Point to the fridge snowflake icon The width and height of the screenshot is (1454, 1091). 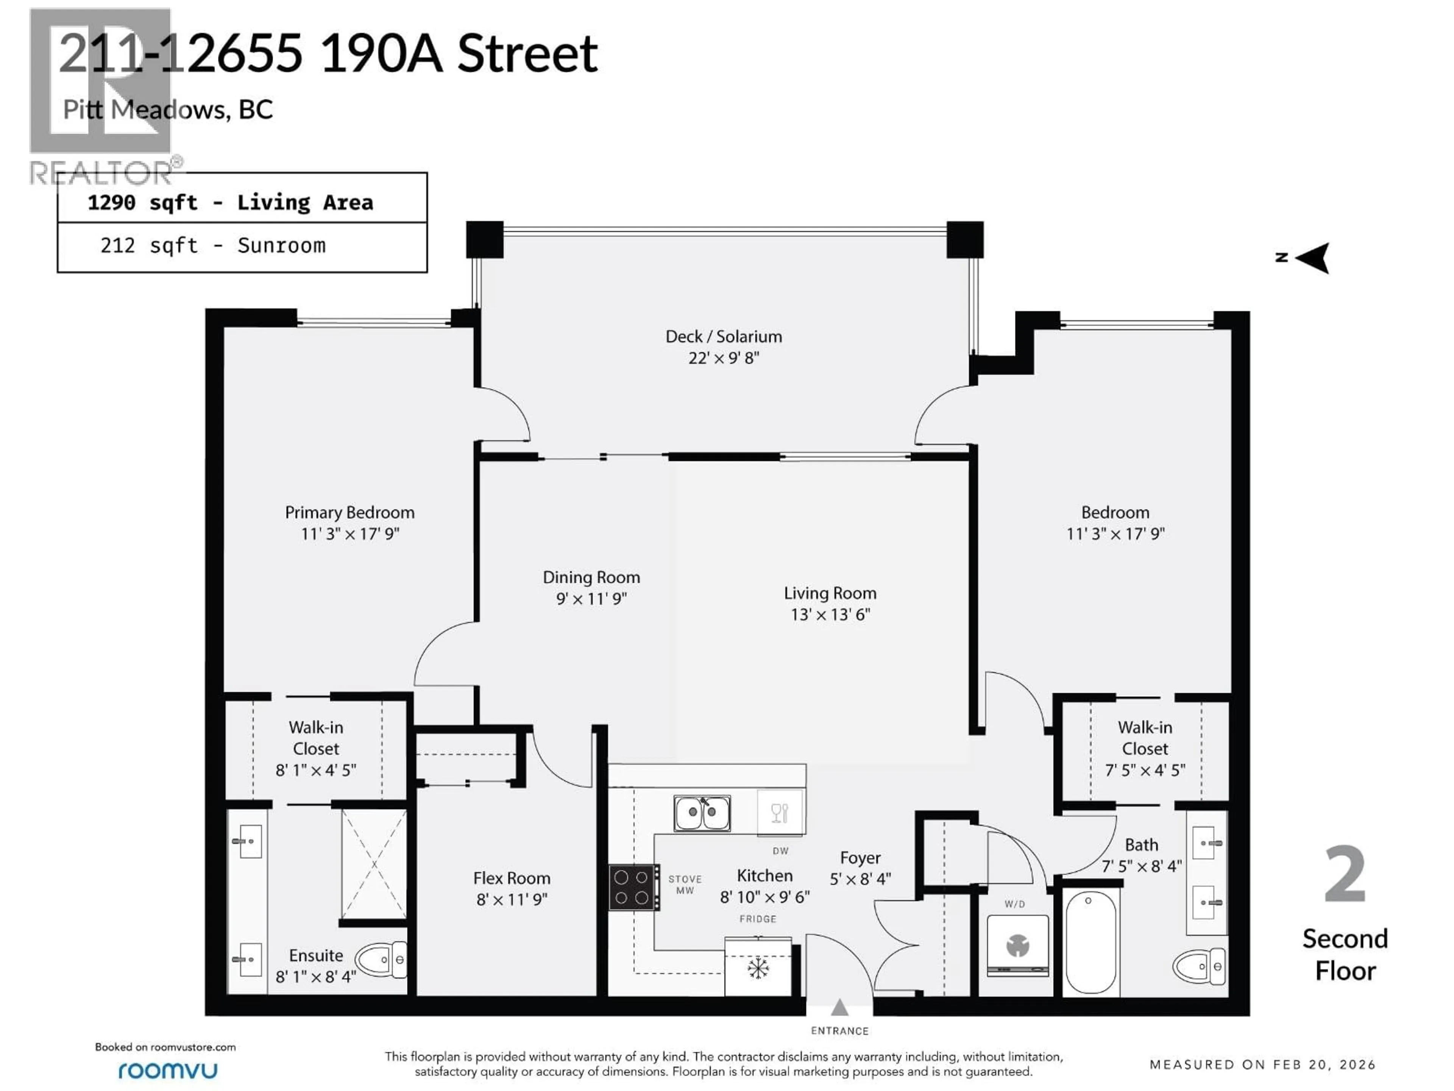(758, 968)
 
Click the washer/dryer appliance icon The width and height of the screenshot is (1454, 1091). (1017, 946)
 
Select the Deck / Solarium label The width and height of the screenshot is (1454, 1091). (724, 337)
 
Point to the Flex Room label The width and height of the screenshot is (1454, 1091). (512, 878)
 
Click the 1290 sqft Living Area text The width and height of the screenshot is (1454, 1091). (230, 203)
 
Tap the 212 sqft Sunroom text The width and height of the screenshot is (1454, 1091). (213, 246)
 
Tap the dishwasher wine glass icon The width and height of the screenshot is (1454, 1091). (780, 813)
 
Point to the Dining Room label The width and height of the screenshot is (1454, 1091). (591, 577)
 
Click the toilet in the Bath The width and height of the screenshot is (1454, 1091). (1199, 966)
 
